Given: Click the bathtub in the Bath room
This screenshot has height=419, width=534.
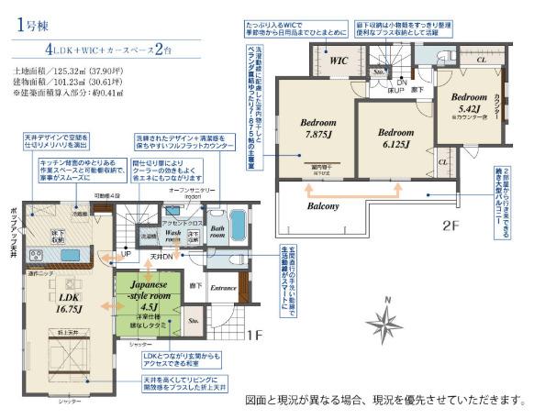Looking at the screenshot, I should pyautogui.click(x=236, y=222).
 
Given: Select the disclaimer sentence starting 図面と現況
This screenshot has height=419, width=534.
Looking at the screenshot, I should pyautogui.click(x=386, y=401).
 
